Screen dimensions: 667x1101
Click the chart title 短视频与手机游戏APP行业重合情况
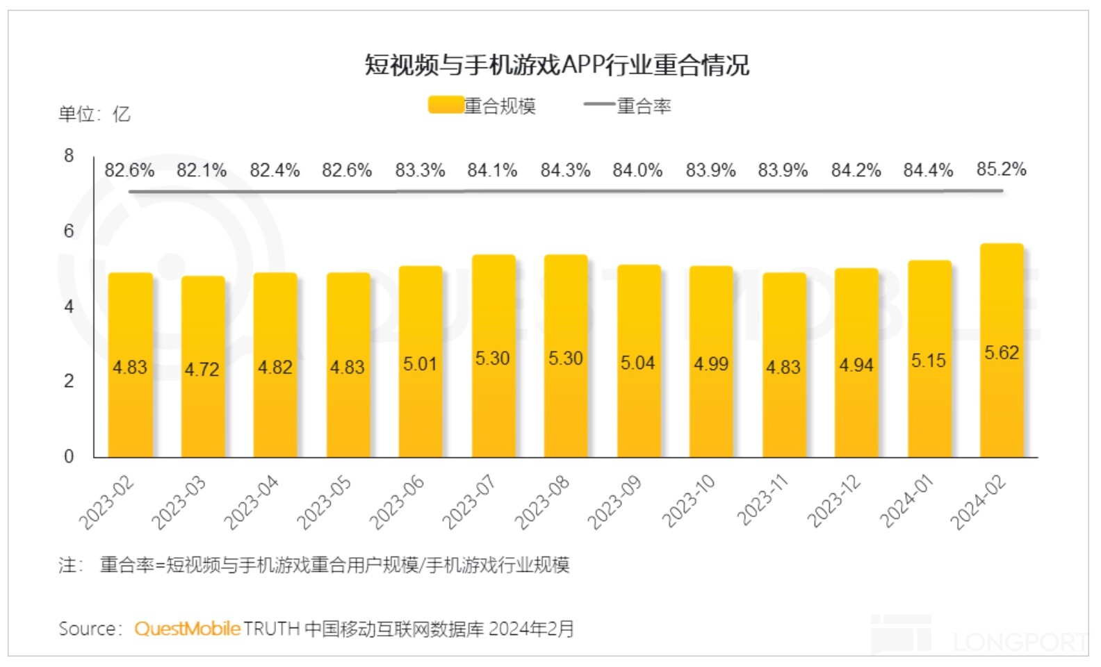coord(557,65)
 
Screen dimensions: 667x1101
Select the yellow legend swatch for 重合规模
coord(446,106)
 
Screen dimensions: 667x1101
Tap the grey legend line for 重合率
coord(599,106)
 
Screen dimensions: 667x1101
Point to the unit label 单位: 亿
coord(94,114)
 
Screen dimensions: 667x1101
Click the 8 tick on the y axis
coord(69,156)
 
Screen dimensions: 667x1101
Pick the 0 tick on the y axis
coord(69,456)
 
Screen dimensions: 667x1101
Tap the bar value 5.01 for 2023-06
coord(420,363)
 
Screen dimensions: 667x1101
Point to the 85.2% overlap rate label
coord(1001,169)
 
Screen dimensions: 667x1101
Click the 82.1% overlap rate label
coord(202,170)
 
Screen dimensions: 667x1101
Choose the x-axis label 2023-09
coord(614,502)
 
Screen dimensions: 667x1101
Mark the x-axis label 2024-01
coord(906,502)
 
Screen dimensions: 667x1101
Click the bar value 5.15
coord(929,361)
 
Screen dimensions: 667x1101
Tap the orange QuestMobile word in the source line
coord(187,629)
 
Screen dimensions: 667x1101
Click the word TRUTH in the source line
coord(271,629)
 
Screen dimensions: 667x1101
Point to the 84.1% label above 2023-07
coord(492,170)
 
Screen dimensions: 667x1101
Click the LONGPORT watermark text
coord(1019,642)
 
